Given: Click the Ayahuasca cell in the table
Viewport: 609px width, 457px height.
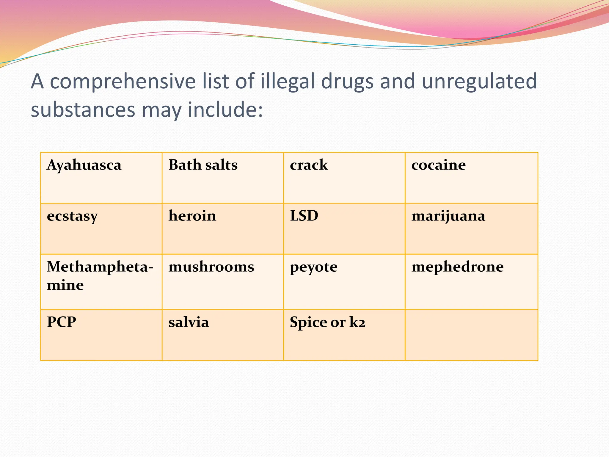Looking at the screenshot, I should pyautogui.click(x=84, y=165).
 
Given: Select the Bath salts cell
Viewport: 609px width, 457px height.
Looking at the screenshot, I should pyautogui.click(x=203, y=165).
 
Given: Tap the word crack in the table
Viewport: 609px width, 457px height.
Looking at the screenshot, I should pyautogui.click(x=309, y=165).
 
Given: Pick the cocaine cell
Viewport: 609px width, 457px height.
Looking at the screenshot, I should pyautogui.click(x=438, y=165).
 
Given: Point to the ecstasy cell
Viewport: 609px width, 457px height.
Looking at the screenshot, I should pyautogui.click(x=72, y=216).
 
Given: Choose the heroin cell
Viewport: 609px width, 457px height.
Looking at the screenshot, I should pyautogui.click(x=192, y=216).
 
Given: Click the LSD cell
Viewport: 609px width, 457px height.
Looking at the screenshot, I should pyautogui.click(x=304, y=216).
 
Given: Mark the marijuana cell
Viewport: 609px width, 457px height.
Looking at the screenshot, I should pyautogui.click(x=448, y=216).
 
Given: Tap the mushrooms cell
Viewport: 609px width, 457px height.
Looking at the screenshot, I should pyautogui.click(x=211, y=267).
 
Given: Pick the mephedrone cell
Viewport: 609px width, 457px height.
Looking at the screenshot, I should pyautogui.click(x=457, y=267).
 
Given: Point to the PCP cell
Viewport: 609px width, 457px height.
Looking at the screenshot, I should pyautogui.click(x=62, y=322).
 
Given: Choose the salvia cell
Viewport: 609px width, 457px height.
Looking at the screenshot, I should pyautogui.click(x=189, y=322).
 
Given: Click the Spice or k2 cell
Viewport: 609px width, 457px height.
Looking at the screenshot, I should pyautogui.click(x=327, y=322).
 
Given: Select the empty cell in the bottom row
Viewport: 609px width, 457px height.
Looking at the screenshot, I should pyautogui.click(x=471, y=335).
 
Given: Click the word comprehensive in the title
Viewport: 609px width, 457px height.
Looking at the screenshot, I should pyautogui.click(x=123, y=82).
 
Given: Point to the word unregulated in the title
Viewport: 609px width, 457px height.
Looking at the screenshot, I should pyautogui.click(x=479, y=82).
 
